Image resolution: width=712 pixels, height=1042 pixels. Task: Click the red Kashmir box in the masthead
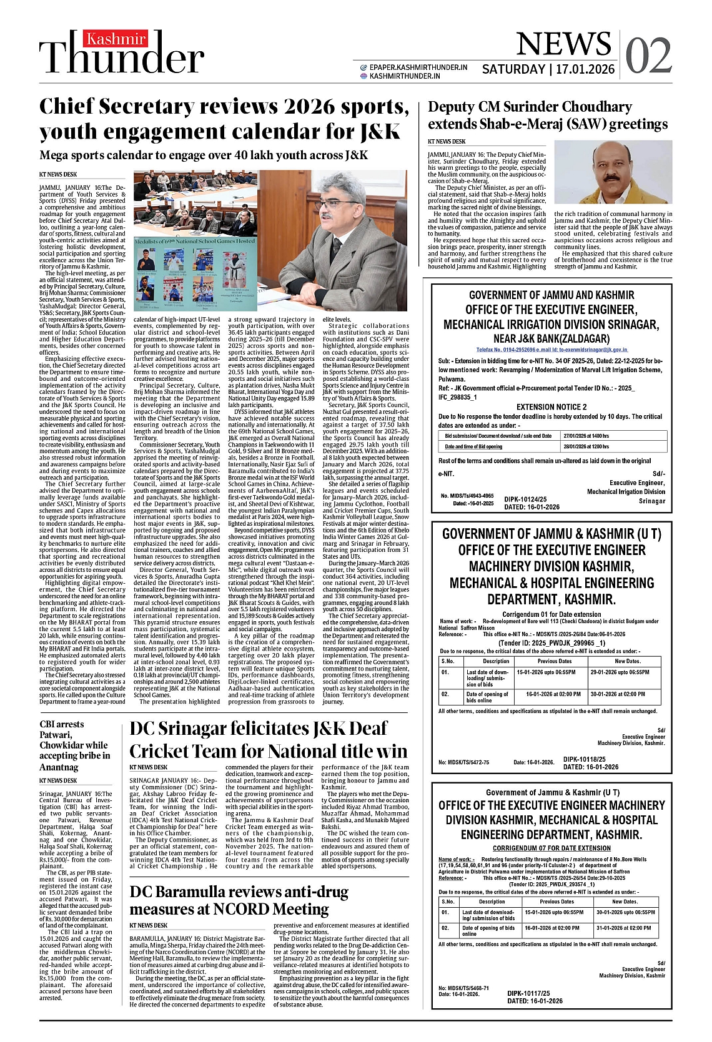coord(116,39)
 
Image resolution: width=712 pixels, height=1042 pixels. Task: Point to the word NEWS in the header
coord(563,44)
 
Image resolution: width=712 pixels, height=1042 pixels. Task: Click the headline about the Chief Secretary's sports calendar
coord(224,119)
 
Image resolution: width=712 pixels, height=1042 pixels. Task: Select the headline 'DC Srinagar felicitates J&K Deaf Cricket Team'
coord(268,739)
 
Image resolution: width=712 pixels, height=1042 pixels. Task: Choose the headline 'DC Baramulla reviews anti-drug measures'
coord(239,900)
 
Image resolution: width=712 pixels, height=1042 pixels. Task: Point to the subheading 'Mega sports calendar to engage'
coord(204,155)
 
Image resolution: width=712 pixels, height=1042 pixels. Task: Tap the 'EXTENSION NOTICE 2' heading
coord(551,407)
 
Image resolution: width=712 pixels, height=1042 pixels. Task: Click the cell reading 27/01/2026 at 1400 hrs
coord(586,435)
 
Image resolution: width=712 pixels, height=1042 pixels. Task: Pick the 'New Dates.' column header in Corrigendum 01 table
coord(627,661)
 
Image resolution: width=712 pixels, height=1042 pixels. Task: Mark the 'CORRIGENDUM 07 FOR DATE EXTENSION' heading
coord(551,848)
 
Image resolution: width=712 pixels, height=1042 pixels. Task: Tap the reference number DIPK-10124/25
coord(525,499)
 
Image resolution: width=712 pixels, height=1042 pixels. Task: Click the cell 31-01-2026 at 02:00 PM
coord(623,928)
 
